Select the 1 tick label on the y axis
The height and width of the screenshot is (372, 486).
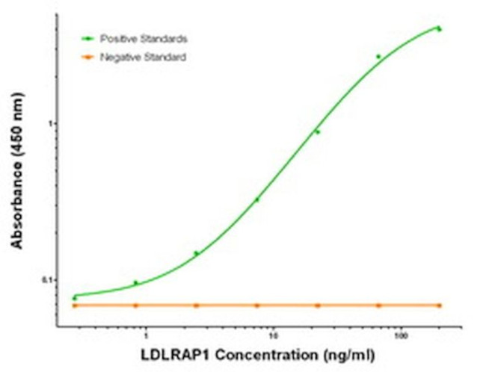(x=50, y=123)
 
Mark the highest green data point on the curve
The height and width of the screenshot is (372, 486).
(x=440, y=29)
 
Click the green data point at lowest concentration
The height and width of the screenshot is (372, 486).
(x=75, y=298)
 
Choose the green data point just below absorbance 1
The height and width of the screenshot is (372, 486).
(x=318, y=132)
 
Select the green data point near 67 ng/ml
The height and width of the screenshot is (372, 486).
(x=378, y=56)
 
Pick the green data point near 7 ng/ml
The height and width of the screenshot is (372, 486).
(x=257, y=199)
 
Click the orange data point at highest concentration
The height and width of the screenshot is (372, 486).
(x=440, y=306)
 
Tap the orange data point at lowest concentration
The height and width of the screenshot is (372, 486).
(x=75, y=306)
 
